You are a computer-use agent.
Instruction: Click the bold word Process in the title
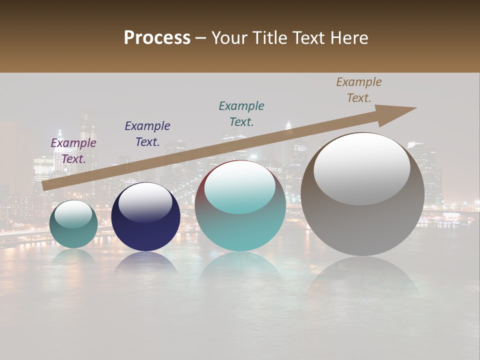tap(157, 38)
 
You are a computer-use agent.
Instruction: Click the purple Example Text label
tap(73, 151)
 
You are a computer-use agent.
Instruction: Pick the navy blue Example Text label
tap(147, 134)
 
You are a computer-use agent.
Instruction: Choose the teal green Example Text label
tap(241, 114)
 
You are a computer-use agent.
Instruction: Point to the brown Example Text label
tap(359, 90)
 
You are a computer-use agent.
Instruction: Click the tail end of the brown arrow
tap(46, 186)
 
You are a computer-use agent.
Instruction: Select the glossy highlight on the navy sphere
tap(145, 202)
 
